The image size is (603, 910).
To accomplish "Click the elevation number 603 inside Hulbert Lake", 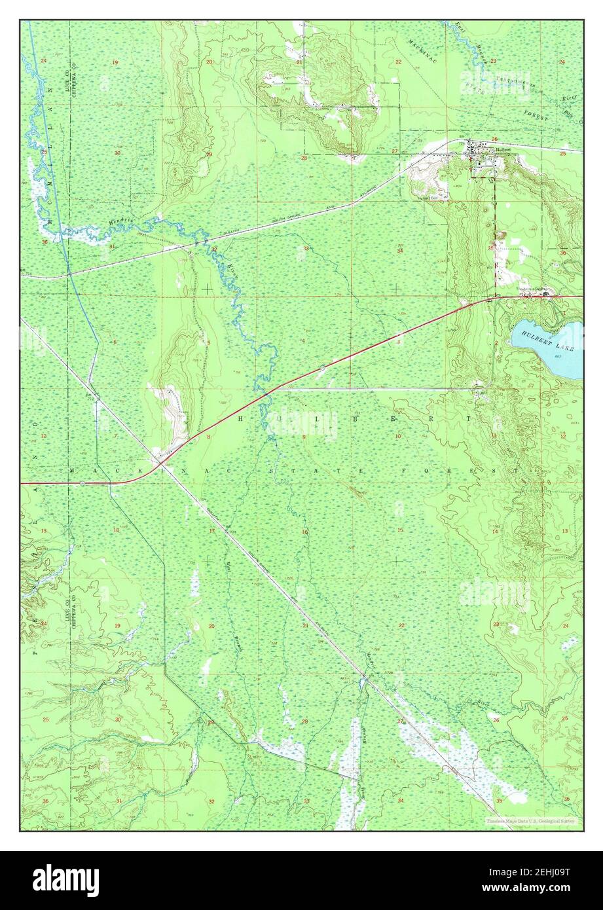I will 557,356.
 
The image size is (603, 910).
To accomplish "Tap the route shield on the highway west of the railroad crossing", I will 82,483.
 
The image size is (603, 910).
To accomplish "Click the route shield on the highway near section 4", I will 322,369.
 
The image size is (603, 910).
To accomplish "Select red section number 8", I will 208,436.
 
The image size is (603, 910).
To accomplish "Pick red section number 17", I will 211,531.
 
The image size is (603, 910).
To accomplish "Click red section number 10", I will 397,436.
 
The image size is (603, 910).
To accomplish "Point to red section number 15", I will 399,530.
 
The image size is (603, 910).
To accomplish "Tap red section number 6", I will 115,342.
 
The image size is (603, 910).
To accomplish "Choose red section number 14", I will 495,532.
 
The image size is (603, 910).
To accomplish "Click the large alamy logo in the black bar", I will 65,880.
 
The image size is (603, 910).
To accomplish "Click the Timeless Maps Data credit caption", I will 530,820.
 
